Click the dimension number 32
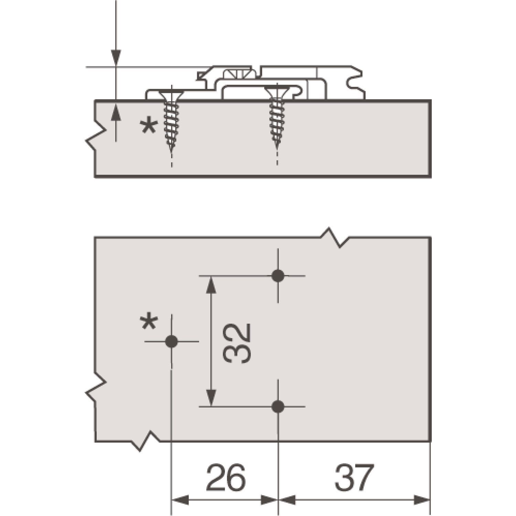pos(237,343)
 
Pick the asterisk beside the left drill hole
pos(149,323)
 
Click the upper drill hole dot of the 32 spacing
pos(278,276)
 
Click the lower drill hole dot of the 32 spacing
pos(278,407)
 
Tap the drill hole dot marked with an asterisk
pos(171,342)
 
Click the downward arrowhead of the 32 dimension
pos(211,398)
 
